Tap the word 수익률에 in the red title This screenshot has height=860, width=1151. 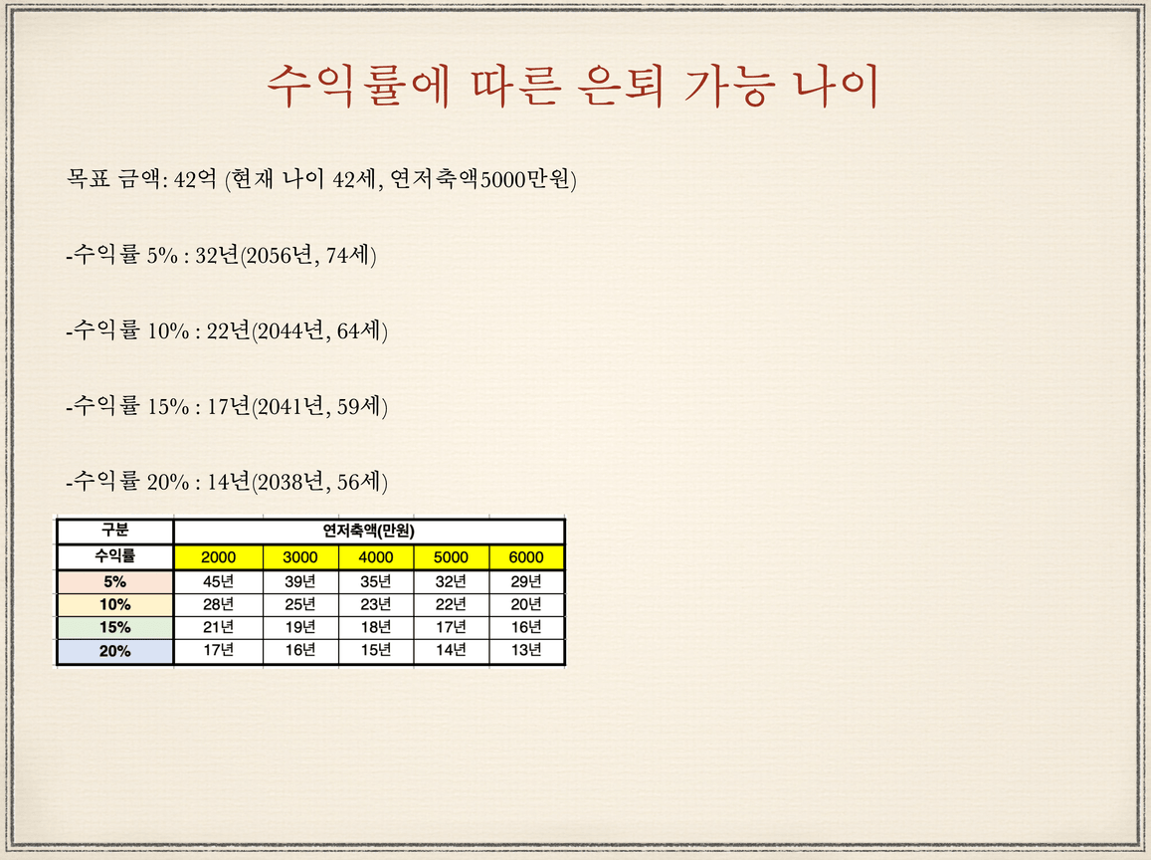357,86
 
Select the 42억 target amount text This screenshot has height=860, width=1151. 195,178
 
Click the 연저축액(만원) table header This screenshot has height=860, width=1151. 368,531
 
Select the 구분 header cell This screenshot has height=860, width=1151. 115,531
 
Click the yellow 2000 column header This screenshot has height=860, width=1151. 218,556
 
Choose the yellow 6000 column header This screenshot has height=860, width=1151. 526,556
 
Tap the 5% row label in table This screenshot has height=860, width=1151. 115,581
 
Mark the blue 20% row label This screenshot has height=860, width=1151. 115,651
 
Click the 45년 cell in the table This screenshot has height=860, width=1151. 218,581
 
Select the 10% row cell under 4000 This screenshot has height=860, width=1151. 376,604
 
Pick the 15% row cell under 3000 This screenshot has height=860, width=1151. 300,627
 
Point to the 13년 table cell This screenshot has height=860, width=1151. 526,650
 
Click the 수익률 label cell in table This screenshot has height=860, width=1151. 115,556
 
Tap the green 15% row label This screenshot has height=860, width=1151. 115,628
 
